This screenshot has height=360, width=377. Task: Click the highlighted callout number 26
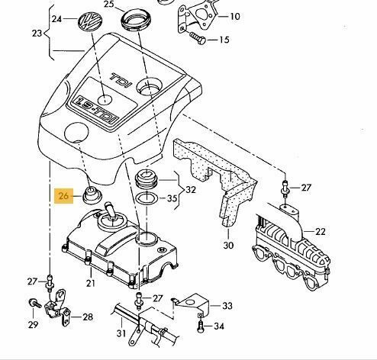(63, 196)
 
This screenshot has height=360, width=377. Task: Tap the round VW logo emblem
(90, 21)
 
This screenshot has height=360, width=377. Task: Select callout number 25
(109, 5)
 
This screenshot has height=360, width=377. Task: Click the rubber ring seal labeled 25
(136, 20)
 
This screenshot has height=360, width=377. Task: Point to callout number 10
(235, 17)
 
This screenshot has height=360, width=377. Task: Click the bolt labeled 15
(198, 38)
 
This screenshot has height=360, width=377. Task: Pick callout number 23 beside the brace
(37, 34)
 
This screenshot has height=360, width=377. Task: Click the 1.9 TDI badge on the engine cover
(95, 109)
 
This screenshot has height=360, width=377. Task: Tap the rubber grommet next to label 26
(92, 194)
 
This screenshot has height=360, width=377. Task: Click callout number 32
(191, 190)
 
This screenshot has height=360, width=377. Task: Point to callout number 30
(228, 246)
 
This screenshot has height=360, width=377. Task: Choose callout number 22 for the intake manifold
(320, 232)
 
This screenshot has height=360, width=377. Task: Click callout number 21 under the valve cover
(91, 283)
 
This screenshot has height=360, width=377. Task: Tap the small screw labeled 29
(34, 303)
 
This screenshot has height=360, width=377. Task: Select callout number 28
(88, 317)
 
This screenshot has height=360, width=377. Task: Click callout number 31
(121, 333)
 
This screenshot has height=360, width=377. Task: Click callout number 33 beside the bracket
(227, 306)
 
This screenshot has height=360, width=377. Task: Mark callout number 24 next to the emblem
(56, 19)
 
